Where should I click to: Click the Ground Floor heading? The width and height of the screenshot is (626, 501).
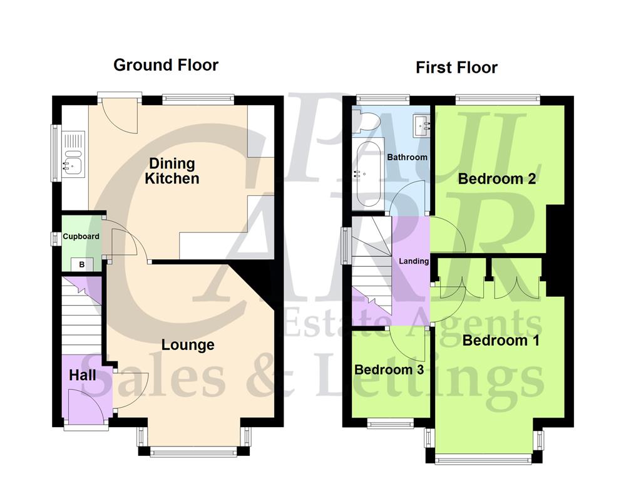166,65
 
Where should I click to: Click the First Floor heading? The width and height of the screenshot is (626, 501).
456,67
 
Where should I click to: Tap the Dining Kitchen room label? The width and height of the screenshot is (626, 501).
172,171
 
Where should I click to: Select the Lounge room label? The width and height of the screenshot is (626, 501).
188,344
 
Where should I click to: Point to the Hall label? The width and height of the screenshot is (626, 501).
83,375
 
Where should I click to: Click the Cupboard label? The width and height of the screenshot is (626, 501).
81,237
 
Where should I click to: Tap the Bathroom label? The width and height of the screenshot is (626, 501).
407,157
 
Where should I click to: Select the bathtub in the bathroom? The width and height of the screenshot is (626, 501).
367,175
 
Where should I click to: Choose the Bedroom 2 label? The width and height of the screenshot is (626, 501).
497,179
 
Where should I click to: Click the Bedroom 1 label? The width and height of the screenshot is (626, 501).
501,341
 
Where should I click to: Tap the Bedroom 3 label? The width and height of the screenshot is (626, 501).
389,369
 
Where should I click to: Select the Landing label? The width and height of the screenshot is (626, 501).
414,261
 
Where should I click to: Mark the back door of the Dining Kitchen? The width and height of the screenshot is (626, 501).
119,113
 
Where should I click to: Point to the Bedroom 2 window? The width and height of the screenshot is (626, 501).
498,98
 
